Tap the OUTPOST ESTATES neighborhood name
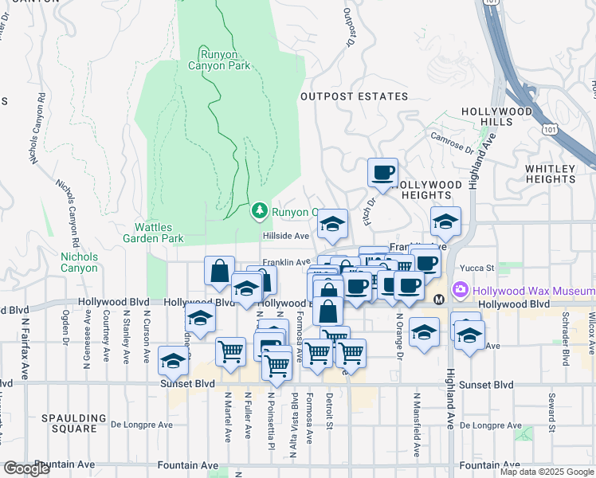pos(354,96)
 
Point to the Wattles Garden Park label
pos(153,233)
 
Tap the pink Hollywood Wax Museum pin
pos(459,288)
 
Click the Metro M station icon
pos(439,300)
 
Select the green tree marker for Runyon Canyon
pos(259,211)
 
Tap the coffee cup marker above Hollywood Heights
pos(382,172)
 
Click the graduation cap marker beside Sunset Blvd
pos(172,361)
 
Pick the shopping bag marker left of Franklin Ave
pos(219,271)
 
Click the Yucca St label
pos(480,268)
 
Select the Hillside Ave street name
pos(286,236)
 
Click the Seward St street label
pos(551,410)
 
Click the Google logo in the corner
pos(26,468)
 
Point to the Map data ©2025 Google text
pos(547,472)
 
